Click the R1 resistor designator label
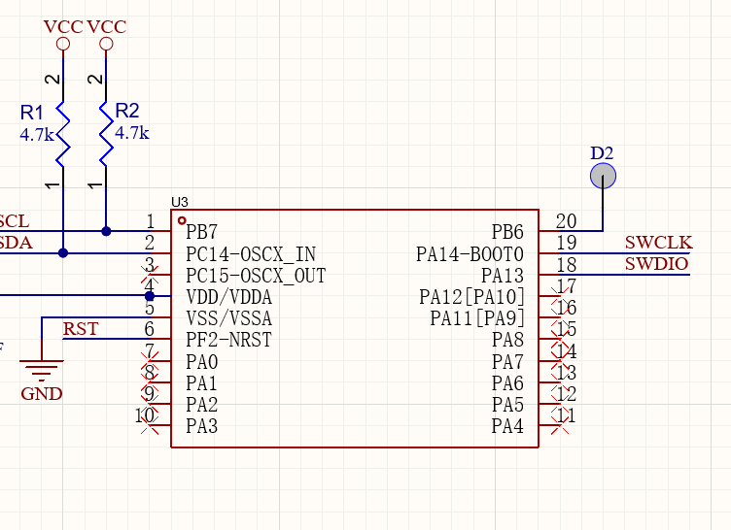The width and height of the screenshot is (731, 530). [32, 114]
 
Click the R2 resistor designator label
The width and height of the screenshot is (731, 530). [127, 111]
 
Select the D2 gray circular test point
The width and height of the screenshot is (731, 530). [603, 176]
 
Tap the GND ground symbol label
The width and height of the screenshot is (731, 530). [42, 394]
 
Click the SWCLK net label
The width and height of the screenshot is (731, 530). [658, 243]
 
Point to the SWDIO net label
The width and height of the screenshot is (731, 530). [657, 264]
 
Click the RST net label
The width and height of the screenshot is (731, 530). [81, 329]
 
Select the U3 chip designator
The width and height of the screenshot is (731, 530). [179, 202]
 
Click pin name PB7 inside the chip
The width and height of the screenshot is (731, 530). [201, 233]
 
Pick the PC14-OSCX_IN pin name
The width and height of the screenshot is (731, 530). [249, 254]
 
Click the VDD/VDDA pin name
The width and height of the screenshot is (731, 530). [228, 297]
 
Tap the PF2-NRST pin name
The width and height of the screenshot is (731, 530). [228, 340]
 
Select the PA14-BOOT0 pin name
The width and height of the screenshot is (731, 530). [470, 254]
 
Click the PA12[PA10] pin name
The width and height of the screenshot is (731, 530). [471, 297]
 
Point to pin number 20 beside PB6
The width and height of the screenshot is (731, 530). [566, 221]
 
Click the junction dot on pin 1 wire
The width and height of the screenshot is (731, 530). [106, 231]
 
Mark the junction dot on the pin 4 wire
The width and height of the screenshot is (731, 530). [150, 296]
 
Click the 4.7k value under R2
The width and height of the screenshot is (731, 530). [131, 133]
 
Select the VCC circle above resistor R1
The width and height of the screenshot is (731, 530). [63, 45]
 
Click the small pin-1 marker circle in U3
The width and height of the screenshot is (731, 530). [182, 220]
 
